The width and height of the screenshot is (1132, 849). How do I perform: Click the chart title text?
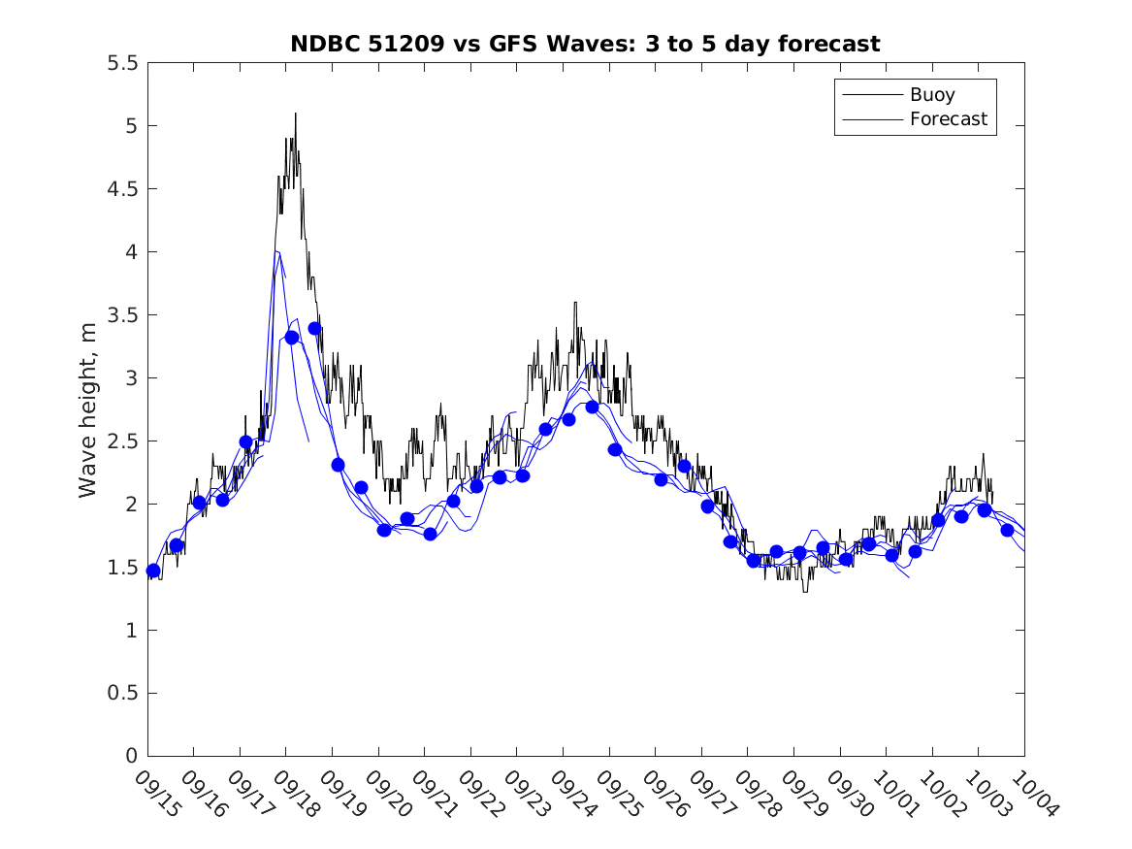click(585, 44)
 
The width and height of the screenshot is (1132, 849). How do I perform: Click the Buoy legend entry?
click(931, 95)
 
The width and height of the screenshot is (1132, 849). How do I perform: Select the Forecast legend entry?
click(948, 119)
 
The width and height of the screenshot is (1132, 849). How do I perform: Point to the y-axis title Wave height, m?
click(88, 408)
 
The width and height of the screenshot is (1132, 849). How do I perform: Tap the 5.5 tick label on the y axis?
click(121, 63)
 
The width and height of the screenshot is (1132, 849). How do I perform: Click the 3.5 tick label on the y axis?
click(121, 315)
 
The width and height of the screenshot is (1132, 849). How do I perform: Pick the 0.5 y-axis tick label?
click(121, 693)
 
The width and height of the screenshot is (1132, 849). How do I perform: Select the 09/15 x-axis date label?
click(156, 793)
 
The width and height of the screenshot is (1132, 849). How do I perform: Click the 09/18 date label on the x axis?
click(295, 793)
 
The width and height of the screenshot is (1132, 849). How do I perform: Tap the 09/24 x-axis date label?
click(571, 793)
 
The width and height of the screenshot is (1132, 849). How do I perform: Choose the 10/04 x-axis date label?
click(1033, 793)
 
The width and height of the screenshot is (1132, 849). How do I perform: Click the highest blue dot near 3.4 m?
click(314, 328)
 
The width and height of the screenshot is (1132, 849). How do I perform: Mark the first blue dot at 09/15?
click(153, 571)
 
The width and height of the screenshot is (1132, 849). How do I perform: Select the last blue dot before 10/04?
click(1007, 530)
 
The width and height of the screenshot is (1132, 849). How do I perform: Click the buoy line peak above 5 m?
click(295, 114)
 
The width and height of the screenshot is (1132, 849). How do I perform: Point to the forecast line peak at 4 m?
click(278, 252)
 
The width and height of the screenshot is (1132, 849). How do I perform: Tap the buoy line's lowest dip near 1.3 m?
click(804, 590)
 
